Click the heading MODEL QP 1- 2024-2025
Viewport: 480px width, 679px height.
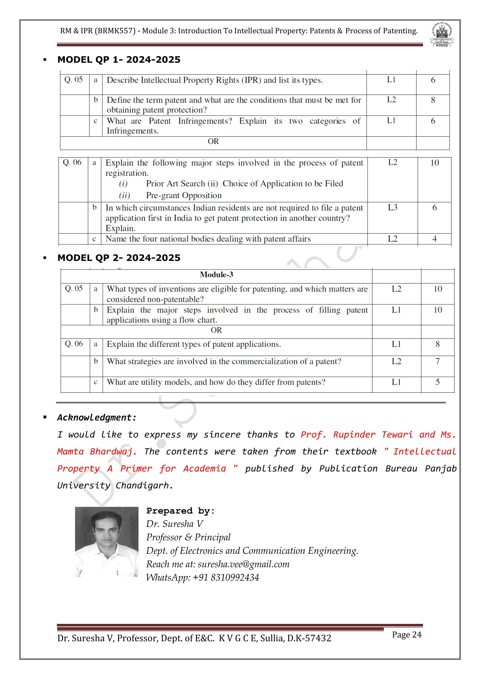tap(119, 60)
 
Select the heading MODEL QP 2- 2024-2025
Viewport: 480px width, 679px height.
tap(119, 258)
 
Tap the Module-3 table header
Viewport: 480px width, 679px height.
tap(216, 275)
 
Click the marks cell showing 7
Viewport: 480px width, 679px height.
tap(437, 361)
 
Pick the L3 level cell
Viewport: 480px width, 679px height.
tap(393, 207)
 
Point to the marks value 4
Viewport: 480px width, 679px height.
tap(434, 239)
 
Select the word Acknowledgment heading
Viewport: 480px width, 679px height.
tap(97, 418)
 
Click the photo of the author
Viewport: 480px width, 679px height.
tap(107, 542)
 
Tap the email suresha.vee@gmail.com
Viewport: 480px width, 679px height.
tap(244, 564)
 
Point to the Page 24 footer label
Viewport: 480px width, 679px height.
tap(407, 635)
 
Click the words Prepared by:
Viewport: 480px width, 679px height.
tap(180, 511)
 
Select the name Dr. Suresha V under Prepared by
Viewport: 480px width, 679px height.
tap(174, 524)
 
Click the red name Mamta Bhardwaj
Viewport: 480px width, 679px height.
tap(97, 452)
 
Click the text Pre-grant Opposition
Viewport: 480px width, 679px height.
tap(184, 196)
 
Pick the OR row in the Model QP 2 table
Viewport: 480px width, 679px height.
tap(216, 330)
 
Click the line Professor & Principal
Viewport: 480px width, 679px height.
tap(188, 537)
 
